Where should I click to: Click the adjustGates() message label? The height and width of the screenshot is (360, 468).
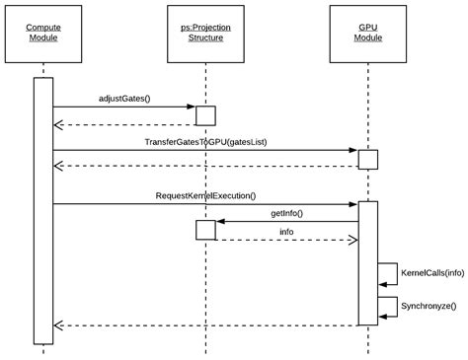(124, 98)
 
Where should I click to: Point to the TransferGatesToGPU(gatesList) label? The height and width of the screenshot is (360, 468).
(204, 141)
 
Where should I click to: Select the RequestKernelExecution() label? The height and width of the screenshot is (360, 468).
(204, 195)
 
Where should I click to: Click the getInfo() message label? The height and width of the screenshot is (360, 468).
(286, 212)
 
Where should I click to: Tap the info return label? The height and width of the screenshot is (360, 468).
(286, 232)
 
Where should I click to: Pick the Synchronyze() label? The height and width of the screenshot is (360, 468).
(429, 307)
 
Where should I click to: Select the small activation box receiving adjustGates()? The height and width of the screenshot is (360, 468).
(205, 115)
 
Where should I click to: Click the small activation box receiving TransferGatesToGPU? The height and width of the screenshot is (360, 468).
(367, 159)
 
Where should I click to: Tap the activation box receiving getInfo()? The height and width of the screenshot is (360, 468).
(205, 230)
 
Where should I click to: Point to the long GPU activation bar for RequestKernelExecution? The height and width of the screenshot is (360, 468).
(367, 261)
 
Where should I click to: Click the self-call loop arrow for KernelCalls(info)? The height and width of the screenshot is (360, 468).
(389, 272)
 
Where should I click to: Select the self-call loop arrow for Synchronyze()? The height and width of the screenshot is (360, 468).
(389, 306)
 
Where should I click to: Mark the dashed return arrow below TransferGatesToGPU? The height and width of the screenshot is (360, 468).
(204, 167)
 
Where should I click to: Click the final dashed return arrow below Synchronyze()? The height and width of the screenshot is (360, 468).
(204, 324)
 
